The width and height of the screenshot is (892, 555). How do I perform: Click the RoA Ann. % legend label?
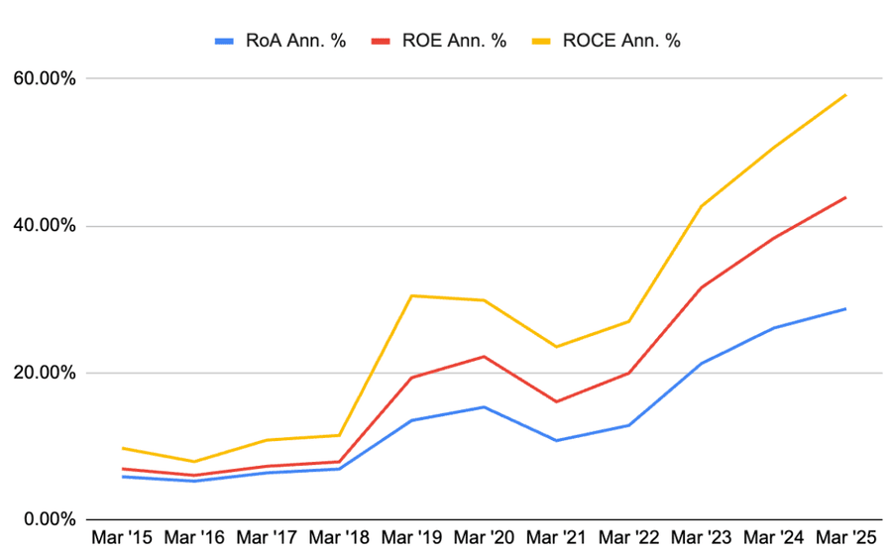[295, 41]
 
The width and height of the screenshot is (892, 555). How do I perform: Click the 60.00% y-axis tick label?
[44, 78]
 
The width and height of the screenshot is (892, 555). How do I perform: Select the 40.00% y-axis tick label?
[44, 226]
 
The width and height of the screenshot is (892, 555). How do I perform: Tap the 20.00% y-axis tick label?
[44, 373]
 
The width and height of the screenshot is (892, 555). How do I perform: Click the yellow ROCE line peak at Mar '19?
[411, 295]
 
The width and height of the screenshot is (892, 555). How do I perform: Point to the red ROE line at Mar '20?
[484, 356]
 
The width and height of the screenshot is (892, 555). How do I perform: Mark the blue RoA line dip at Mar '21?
[556, 440]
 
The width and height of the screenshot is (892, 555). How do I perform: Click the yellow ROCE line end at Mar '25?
[845, 95]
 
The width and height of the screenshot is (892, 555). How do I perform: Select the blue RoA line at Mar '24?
[773, 328]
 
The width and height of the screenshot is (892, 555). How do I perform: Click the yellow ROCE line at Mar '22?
[628, 321]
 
